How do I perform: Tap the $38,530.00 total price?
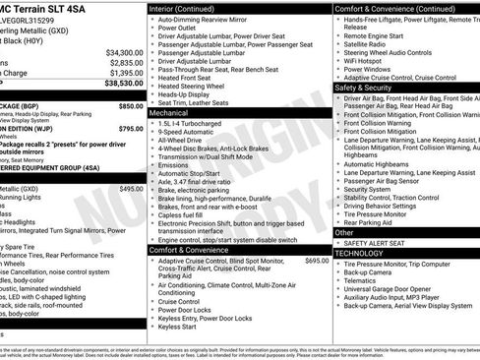[x=123, y=86]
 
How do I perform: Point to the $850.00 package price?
[x=131, y=105]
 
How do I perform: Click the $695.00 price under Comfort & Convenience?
[x=318, y=261]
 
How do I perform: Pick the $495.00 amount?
[x=131, y=189]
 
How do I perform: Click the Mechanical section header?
[x=168, y=113]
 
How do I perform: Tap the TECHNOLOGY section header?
[x=359, y=253]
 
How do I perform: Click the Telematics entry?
[x=362, y=279]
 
